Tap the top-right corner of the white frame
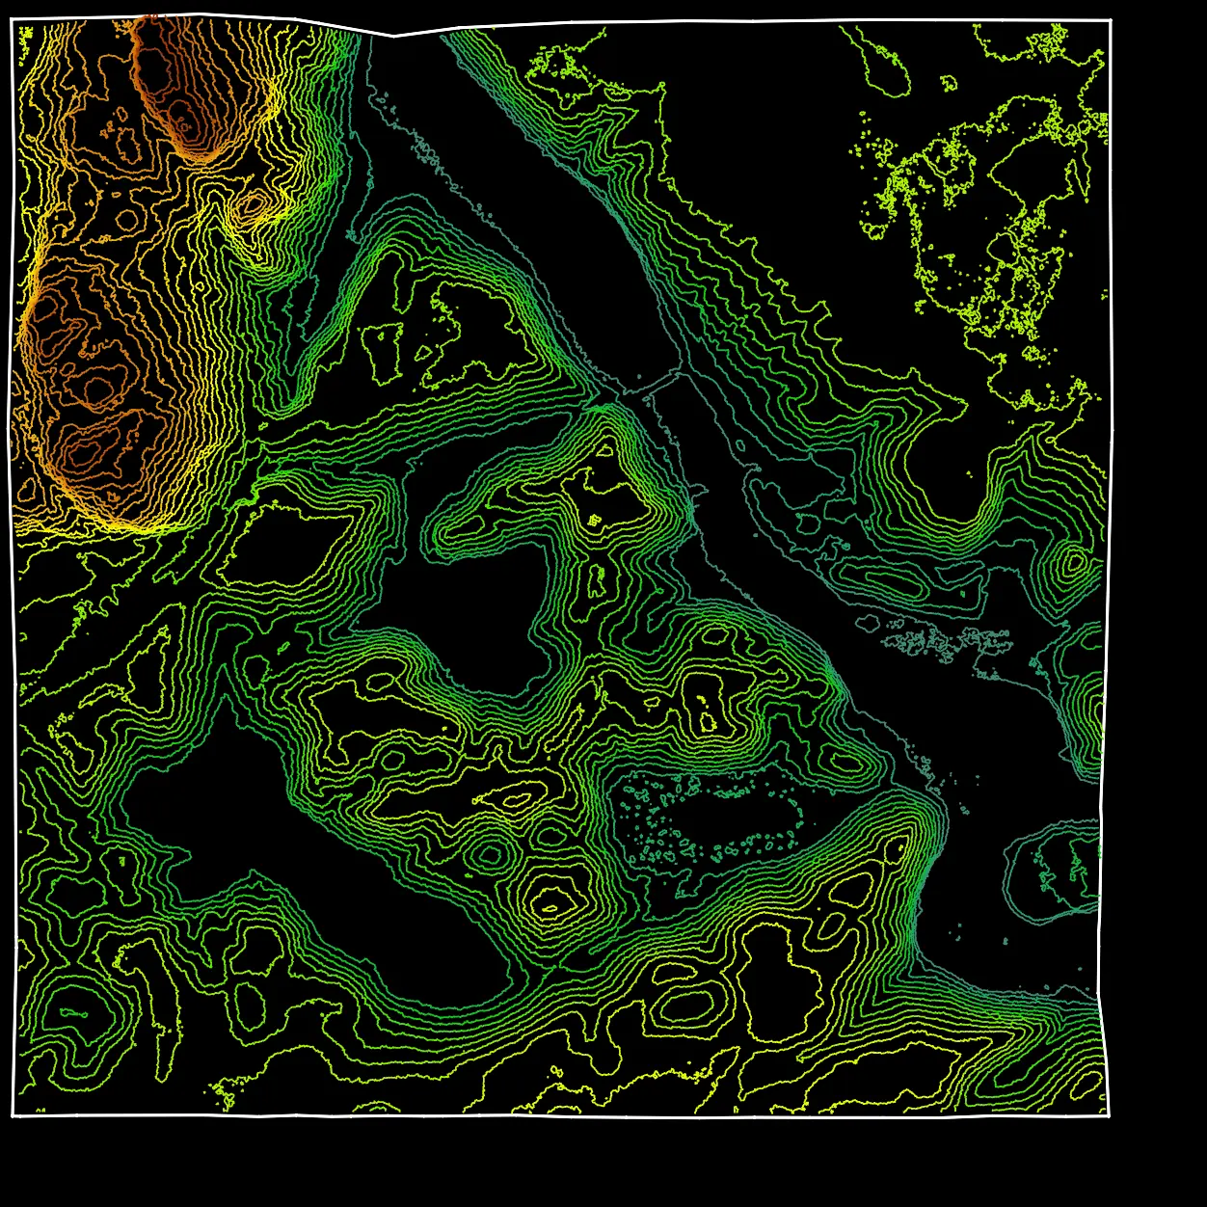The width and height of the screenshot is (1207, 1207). point(1111,19)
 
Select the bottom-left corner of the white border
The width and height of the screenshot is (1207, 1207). point(13,1116)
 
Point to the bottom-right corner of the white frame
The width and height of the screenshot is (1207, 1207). point(1109,1115)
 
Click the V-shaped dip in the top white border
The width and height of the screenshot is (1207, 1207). point(393,37)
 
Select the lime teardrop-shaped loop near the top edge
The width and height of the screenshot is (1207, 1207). point(885,67)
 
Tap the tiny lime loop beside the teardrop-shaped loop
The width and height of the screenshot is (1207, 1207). point(951,83)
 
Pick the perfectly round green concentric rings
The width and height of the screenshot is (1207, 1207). point(490,854)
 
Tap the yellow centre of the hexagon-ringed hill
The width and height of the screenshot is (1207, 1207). point(550,905)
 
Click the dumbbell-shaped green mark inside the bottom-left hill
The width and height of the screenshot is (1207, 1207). point(73,1013)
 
